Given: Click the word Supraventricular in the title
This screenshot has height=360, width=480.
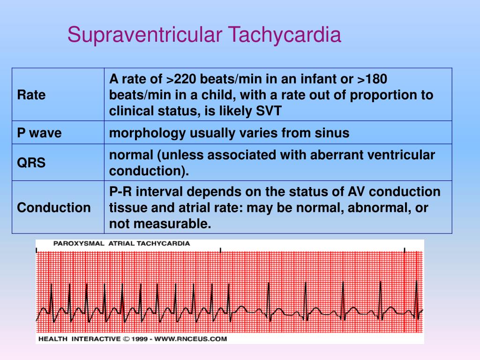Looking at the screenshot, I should point(145,35).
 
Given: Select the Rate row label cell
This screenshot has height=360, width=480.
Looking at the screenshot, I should point(31,95).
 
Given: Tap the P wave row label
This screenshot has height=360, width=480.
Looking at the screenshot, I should point(39,133).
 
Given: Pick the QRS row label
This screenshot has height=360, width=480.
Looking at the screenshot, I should point(31,163).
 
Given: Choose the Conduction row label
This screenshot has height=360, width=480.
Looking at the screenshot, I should point(54,208).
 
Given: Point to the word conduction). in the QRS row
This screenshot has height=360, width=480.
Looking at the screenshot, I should point(149,171).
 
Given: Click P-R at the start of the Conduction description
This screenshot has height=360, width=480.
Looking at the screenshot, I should point(121,192).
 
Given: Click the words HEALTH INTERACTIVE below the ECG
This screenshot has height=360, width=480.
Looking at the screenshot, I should point(79,338).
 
